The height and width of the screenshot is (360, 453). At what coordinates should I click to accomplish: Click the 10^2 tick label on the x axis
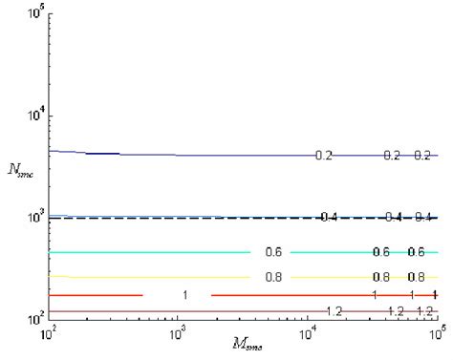[x=46, y=334]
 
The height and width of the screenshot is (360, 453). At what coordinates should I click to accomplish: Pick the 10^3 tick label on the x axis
[x=177, y=334]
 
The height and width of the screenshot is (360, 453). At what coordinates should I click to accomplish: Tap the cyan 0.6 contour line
[x=143, y=252]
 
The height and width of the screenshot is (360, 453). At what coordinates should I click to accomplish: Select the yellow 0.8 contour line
[x=143, y=277]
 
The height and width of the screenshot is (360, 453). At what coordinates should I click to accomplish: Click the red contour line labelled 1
[x=96, y=295]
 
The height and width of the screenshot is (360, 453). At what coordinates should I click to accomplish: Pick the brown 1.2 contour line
[x=143, y=311]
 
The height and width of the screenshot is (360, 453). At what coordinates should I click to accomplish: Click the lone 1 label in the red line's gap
[x=184, y=295]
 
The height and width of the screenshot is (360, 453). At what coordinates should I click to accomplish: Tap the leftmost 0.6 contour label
[x=273, y=252]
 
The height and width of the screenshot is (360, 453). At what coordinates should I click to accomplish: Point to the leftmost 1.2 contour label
[x=334, y=311]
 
